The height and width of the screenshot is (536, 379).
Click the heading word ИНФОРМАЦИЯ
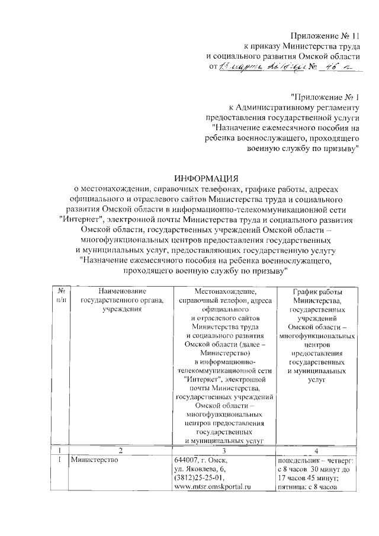(205, 178)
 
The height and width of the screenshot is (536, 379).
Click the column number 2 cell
(120, 450)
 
